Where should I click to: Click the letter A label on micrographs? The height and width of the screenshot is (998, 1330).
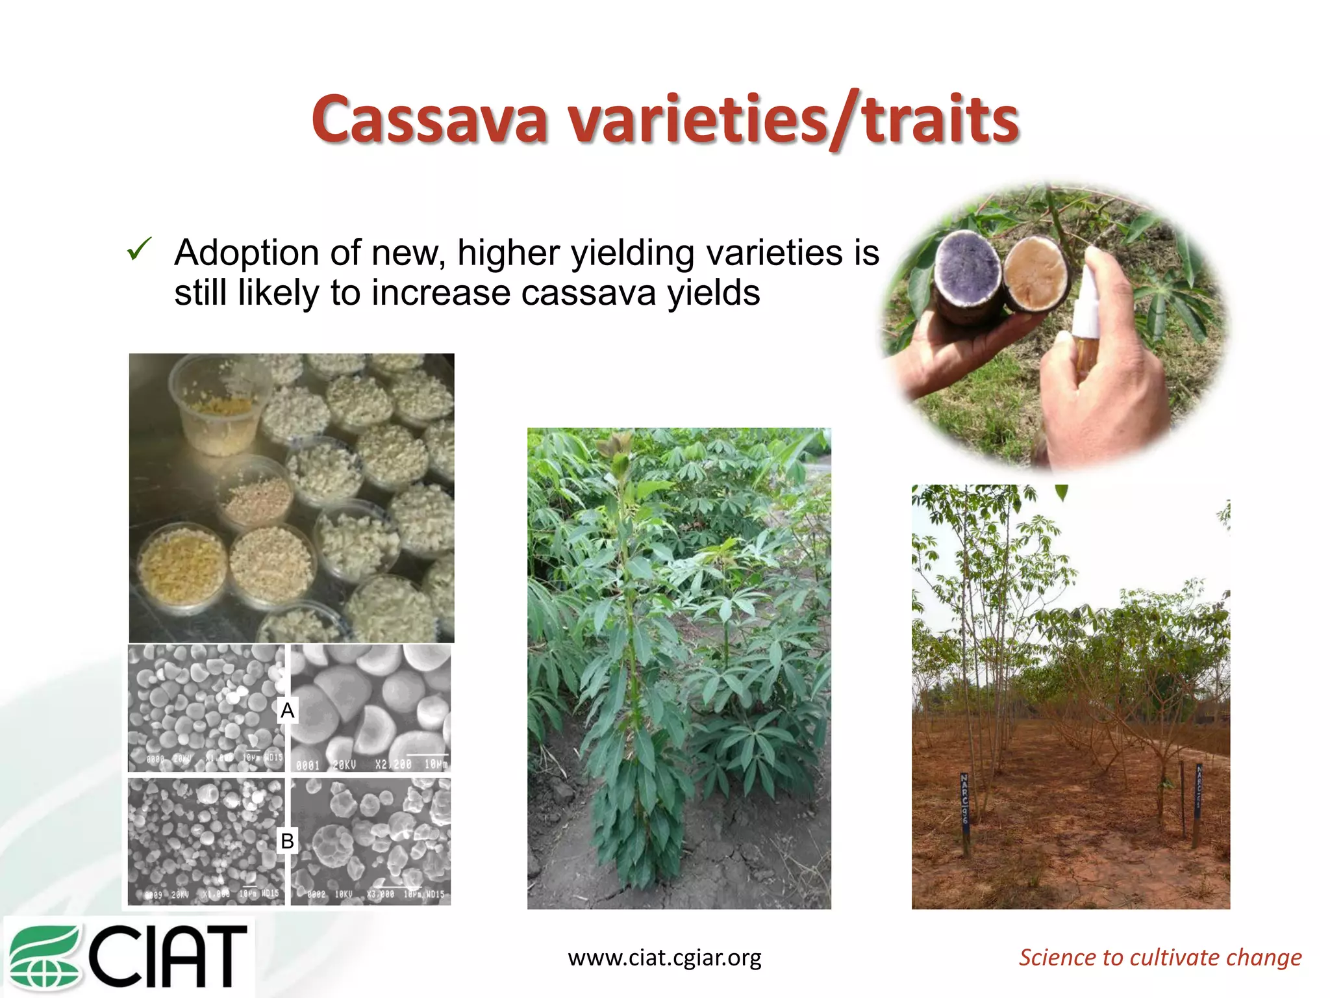click(287, 710)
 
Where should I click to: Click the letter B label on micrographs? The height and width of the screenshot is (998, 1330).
click(287, 841)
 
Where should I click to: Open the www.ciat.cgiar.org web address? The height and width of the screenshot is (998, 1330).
click(664, 957)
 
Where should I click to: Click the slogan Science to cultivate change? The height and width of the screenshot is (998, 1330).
click(1160, 957)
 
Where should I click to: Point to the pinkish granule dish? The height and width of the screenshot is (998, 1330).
click(257, 494)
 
